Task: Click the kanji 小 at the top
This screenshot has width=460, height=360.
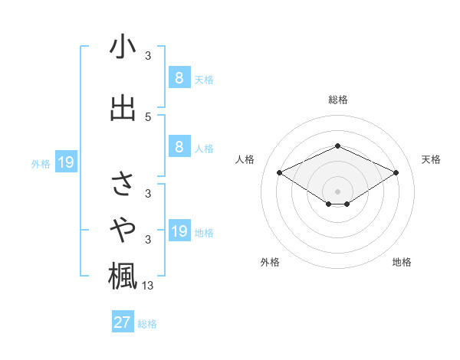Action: [123, 47]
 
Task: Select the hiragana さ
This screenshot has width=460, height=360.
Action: [123, 184]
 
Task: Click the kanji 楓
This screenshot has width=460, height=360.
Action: [123, 276]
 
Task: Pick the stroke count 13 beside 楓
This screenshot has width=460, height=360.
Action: [149, 286]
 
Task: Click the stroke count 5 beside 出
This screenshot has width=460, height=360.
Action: [148, 116]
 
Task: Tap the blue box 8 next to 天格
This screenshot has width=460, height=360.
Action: [179, 77]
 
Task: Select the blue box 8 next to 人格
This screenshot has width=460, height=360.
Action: [179, 147]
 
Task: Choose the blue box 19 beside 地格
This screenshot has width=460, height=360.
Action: [179, 231]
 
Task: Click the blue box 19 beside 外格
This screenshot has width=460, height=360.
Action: [65, 162]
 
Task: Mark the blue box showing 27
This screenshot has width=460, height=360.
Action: [123, 322]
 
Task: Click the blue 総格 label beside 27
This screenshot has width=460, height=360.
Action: [147, 324]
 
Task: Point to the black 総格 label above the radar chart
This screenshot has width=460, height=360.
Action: [338, 100]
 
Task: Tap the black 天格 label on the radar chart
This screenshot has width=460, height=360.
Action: [431, 159]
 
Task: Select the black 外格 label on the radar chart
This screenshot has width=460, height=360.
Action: [270, 262]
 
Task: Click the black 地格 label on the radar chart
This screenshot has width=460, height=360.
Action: [402, 262]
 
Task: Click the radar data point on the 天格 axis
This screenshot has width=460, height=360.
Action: [396, 173]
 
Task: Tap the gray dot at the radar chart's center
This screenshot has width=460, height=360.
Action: [338, 191]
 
